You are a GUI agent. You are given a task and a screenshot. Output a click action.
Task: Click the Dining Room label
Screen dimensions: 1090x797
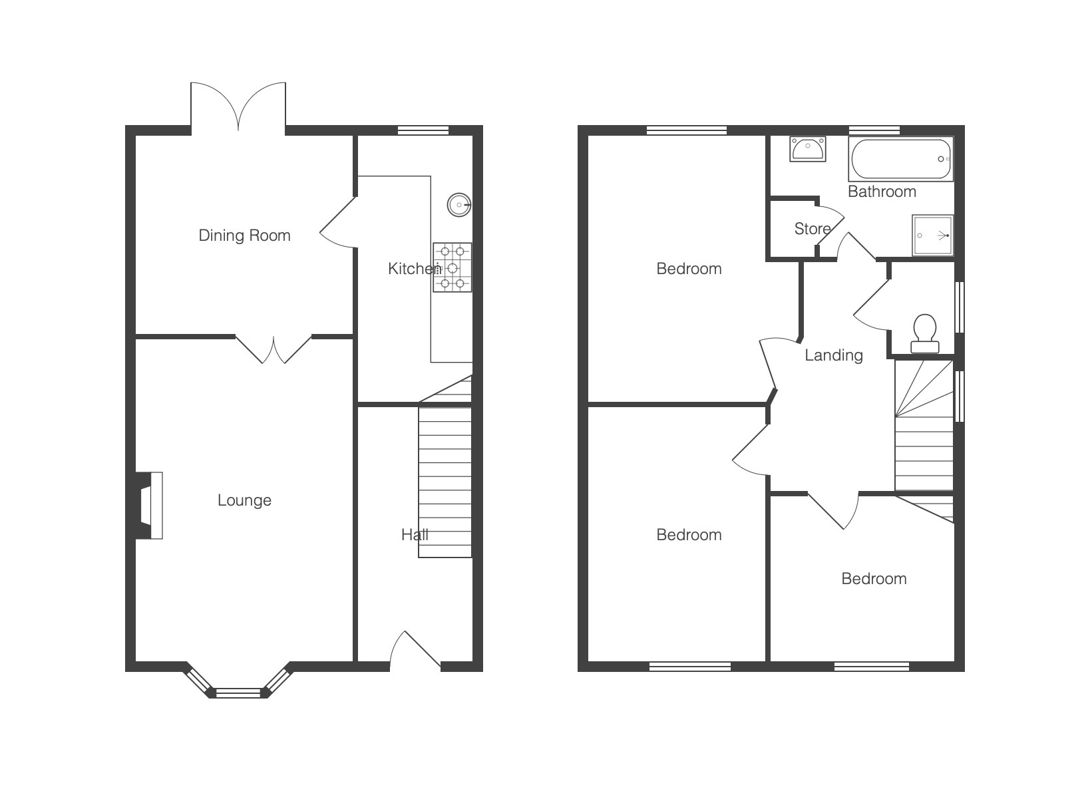[x=244, y=236]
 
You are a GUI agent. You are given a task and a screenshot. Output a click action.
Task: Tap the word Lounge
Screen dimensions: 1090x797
[x=244, y=500]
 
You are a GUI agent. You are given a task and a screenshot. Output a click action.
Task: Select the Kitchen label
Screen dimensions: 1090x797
[x=414, y=268]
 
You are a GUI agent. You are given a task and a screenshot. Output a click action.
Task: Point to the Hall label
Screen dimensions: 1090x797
[x=415, y=535]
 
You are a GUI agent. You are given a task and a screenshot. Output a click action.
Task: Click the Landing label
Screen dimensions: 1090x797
[x=834, y=355]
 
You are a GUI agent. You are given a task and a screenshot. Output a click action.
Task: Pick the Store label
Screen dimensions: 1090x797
[x=812, y=229]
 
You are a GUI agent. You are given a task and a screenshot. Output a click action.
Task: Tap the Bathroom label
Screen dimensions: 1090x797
[x=882, y=192]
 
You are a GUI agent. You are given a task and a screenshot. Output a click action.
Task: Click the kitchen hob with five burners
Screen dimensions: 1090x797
[x=453, y=267]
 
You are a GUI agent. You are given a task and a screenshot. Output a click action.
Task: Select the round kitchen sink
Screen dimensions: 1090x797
[x=459, y=205]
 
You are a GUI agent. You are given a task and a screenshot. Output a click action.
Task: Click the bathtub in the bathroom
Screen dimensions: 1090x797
[x=901, y=159]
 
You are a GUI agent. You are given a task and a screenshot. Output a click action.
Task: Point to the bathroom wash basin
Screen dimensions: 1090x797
[x=808, y=149]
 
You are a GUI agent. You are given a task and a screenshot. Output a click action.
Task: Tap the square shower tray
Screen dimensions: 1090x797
[x=932, y=236]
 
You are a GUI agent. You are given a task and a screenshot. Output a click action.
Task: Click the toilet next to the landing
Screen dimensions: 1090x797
[x=924, y=334]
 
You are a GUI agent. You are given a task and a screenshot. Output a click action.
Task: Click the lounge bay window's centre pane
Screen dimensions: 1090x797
[x=238, y=693]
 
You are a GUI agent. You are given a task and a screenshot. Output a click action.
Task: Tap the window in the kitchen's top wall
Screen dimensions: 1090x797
[x=423, y=130]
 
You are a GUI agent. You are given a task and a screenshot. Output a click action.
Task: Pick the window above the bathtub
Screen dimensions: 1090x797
[x=874, y=130]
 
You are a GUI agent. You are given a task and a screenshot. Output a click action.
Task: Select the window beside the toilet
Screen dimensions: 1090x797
[x=960, y=307]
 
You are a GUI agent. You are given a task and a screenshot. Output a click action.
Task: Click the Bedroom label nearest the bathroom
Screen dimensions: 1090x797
[x=689, y=269]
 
